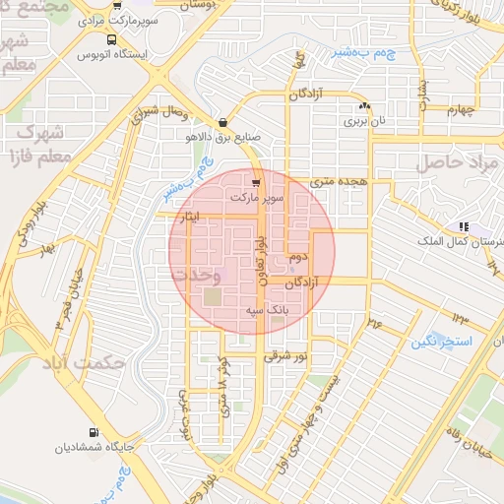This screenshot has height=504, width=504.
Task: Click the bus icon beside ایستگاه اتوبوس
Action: coord(110,40)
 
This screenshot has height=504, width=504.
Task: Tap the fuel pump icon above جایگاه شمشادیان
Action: coord(94,432)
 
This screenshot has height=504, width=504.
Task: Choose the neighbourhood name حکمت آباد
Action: coord(84,362)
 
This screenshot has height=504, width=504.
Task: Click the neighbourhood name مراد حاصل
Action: coord(458,162)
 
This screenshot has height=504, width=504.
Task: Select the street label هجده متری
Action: coord(338,181)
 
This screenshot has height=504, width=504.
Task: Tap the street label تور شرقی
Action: coord(286,356)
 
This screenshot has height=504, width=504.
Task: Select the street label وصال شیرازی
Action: coord(158,113)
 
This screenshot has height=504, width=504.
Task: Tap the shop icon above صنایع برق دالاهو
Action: coord(225,124)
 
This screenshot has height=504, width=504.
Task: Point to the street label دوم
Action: coord(298,257)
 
